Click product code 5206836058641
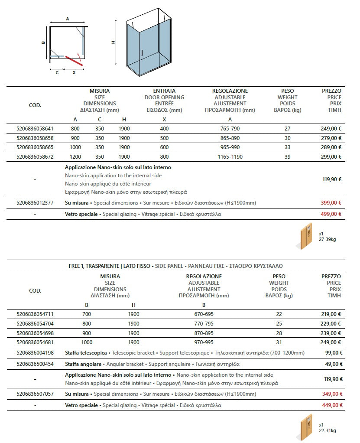(34, 129)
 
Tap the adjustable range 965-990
(230, 147)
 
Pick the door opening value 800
(164, 157)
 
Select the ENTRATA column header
(164, 91)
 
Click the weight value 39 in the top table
(287, 157)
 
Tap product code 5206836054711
(34, 314)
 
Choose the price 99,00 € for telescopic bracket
(334, 353)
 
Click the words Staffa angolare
(83, 364)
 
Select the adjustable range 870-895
(204, 333)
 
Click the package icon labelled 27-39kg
(307, 236)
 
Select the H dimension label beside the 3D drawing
(113, 42)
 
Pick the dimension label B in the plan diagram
(43, 42)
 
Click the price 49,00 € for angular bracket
(334, 364)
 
